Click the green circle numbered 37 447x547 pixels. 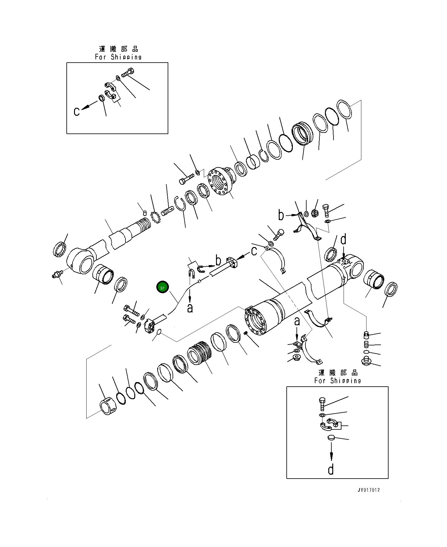point(162,288)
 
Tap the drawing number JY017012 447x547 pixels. point(368,490)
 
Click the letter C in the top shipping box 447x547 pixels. point(77,111)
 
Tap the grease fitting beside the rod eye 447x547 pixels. point(57,274)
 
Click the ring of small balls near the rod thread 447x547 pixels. point(155,217)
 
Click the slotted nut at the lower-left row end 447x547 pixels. point(107,407)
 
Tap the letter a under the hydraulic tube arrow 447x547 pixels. point(190,308)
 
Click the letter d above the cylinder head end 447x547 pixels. point(344,240)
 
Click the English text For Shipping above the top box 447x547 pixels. point(118,57)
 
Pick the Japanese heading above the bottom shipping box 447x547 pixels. point(338,373)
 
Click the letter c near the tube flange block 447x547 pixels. point(254,251)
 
